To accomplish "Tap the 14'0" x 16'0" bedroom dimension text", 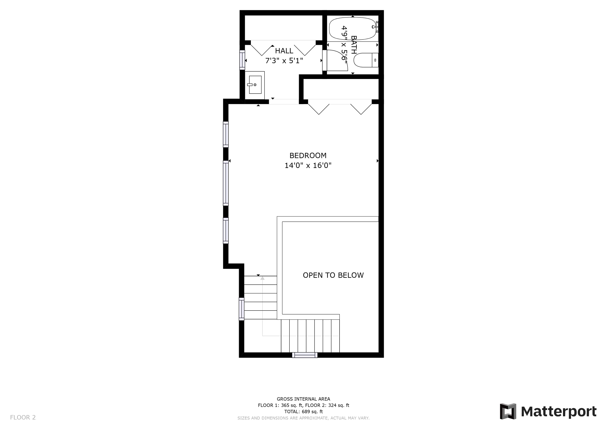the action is (308, 165).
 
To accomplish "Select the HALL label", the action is (284, 51).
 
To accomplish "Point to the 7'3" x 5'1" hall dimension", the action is (284, 61).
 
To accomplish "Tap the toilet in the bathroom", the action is (366, 60).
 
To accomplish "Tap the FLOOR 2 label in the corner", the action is (23, 418).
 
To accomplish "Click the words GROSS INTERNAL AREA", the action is (303, 399).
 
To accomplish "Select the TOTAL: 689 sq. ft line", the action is (303, 412).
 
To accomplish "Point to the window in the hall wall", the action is (242, 60).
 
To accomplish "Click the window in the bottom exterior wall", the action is (305, 355).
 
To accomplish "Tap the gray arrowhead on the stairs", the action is (262, 278).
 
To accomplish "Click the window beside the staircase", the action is (241, 309).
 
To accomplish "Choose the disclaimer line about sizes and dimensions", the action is (303, 418).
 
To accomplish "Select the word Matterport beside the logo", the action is (559, 412).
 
